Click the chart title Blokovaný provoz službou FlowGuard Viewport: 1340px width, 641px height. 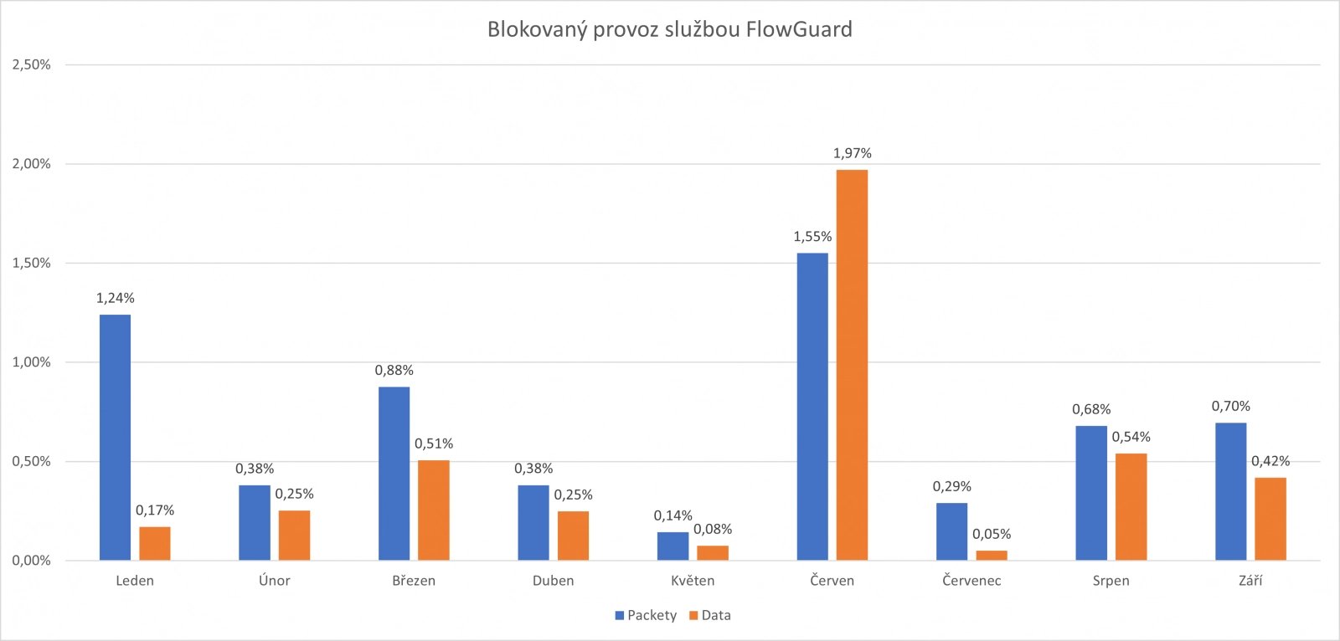[670, 30]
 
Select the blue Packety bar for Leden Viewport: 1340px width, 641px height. [115, 437]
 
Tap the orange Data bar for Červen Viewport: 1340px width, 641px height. [852, 365]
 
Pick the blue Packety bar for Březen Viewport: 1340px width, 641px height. [394, 473]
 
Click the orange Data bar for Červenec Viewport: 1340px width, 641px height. [992, 555]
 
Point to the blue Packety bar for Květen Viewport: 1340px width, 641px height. [673, 546]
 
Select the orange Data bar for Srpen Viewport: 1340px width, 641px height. [1131, 506]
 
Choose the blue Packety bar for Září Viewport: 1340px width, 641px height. [1230, 491]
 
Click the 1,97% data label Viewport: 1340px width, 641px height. [852, 153]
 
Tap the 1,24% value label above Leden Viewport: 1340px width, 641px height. [115, 298]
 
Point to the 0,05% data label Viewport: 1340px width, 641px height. [992, 534]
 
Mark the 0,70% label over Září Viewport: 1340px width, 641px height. [1230, 407]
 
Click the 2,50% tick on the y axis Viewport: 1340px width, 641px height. [31, 64]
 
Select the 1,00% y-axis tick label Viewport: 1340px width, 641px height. [31, 362]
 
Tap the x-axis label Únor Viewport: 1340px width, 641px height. [275, 581]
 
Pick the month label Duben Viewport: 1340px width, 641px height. [554, 581]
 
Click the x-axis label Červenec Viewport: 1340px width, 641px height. [971, 581]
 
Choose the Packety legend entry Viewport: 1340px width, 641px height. [646, 615]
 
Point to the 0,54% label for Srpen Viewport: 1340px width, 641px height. [1131, 437]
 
